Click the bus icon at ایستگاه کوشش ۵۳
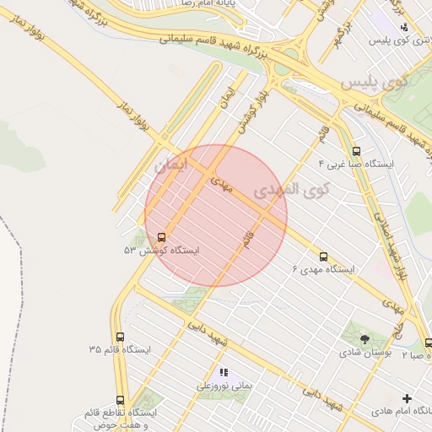(161, 236)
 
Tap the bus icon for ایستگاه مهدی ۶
(323, 256)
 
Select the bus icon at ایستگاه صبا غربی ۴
(354, 151)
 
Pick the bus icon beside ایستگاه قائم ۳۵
(118, 336)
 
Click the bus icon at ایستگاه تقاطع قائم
(119, 401)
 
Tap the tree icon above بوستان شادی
(364, 338)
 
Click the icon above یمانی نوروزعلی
(224, 372)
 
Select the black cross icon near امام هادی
(408, 397)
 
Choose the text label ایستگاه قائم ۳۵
(118, 348)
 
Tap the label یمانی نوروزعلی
(224, 386)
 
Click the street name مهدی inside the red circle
(222, 183)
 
